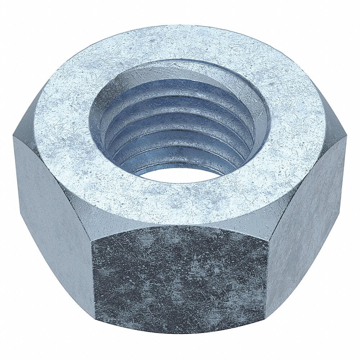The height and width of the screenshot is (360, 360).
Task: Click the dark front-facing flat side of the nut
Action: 180,277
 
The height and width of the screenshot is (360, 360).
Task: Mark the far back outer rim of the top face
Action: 180,26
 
